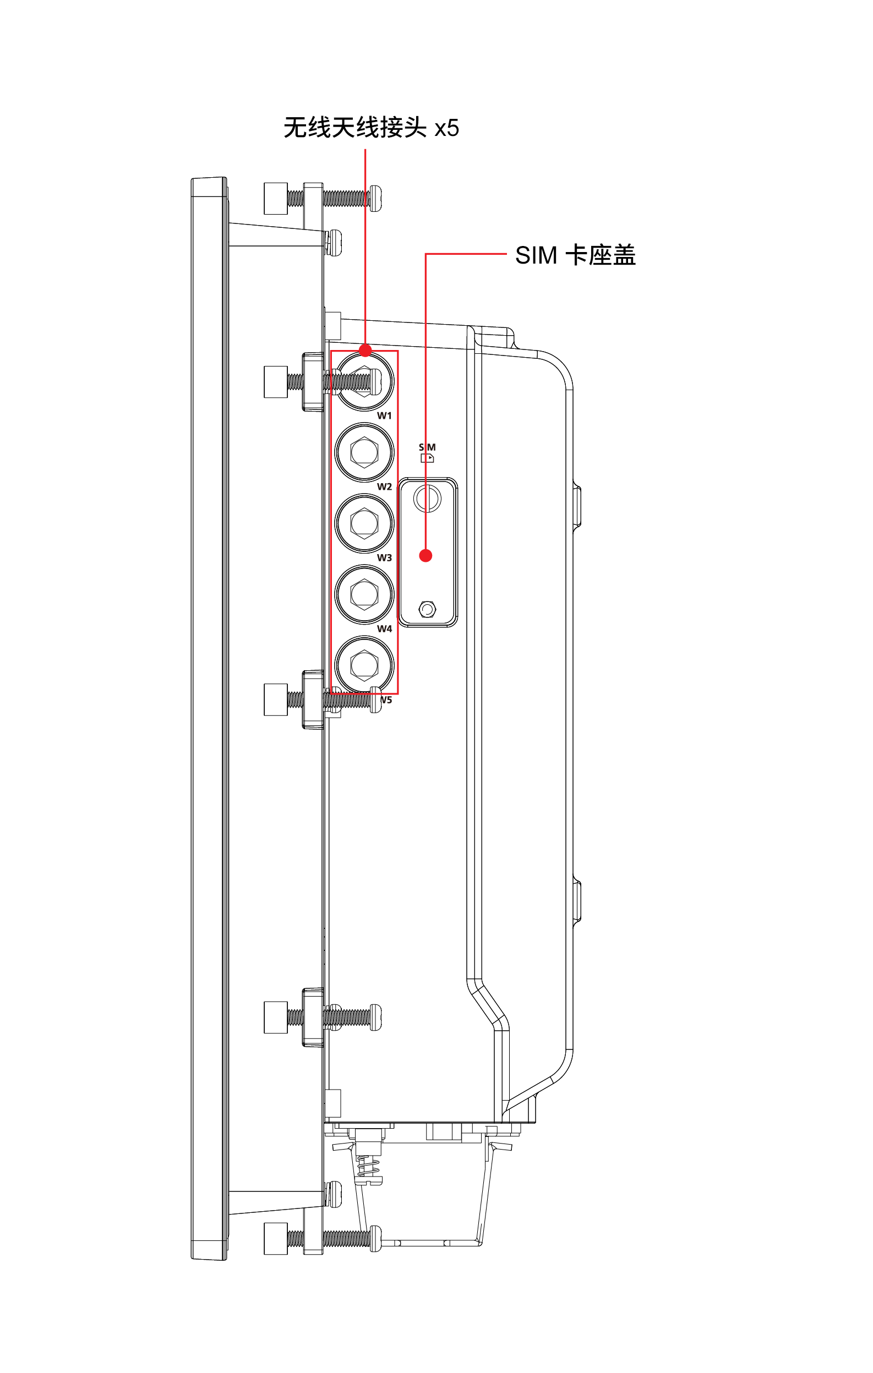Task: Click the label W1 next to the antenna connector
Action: click(384, 415)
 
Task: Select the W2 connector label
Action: click(384, 486)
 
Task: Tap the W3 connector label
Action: click(384, 557)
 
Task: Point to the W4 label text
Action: click(384, 628)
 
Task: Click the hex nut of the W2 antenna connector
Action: click(364, 452)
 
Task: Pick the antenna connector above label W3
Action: click(364, 523)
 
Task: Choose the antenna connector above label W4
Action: click(364, 594)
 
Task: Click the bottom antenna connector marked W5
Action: click(364, 665)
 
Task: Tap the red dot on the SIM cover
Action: click(425, 555)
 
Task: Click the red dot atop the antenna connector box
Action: click(365, 350)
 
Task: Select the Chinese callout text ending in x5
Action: click(370, 128)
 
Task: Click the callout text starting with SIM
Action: click(575, 255)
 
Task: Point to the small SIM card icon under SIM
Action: click(427, 458)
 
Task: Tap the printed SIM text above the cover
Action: click(427, 447)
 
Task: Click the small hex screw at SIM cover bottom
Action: click(427, 610)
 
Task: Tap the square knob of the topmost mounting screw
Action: click(275, 199)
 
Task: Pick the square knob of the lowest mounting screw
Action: click(275, 1238)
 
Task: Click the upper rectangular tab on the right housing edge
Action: click(577, 506)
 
